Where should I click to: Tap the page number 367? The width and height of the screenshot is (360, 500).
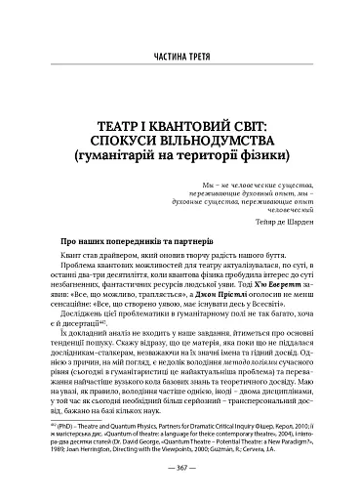(180, 477)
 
